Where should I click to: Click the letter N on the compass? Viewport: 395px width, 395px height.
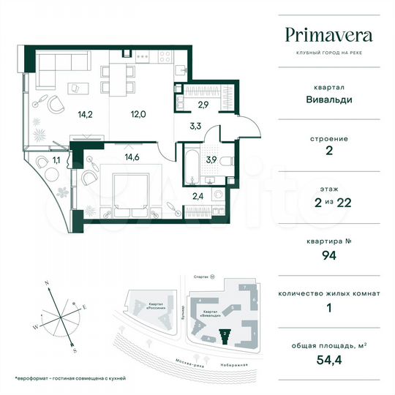coord(45,283)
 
